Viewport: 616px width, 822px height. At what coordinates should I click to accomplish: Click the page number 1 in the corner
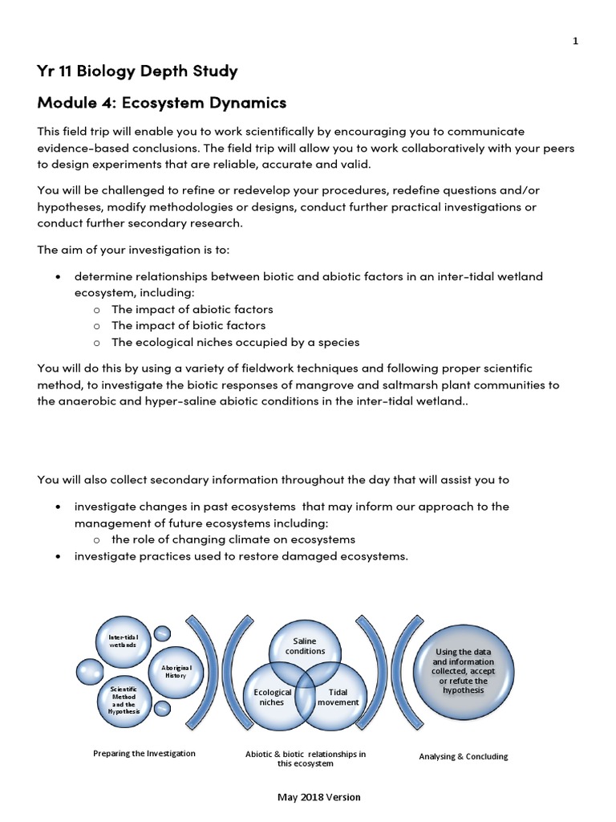pyautogui.click(x=575, y=43)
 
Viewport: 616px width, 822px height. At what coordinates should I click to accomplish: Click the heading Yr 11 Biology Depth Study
pyautogui.click(x=137, y=71)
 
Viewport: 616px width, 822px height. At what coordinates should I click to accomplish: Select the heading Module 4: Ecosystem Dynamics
pyautogui.click(x=162, y=103)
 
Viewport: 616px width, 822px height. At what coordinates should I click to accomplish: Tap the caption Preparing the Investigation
pyautogui.click(x=144, y=754)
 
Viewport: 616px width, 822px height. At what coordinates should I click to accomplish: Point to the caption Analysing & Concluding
pyautogui.click(x=464, y=756)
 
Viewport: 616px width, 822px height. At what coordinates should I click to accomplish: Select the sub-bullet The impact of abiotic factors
pyautogui.click(x=192, y=309)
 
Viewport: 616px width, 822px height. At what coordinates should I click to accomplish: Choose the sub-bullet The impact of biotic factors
pyautogui.click(x=188, y=325)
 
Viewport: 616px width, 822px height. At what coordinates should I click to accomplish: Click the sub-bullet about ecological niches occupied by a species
pyautogui.click(x=235, y=342)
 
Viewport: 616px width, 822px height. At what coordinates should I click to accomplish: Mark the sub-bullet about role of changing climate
pyautogui.click(x=233, y=539)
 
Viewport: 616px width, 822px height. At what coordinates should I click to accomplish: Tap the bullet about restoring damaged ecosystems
pyautogui.click(x=241, y=555)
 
